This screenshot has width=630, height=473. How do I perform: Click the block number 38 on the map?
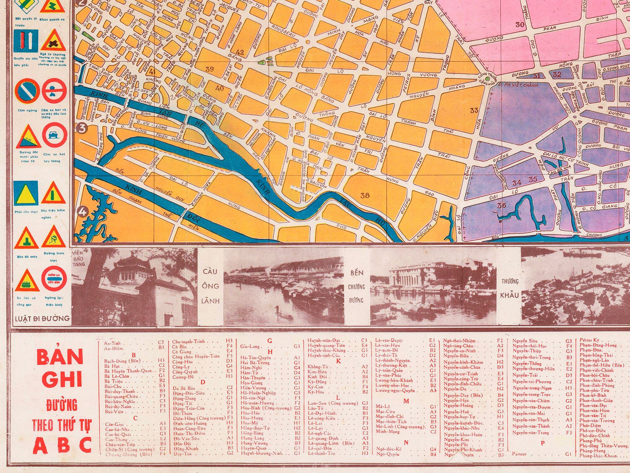(x=365, y=196)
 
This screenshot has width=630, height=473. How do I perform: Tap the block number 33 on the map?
(x=474, y=110)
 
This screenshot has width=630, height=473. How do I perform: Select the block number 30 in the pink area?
(x=520, y=25)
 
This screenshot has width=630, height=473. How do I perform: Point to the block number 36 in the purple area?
(x=501, y=205)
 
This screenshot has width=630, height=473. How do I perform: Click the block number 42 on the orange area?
(x=240, y=52)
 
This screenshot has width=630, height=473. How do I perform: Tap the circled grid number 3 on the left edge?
(x=82, y=128)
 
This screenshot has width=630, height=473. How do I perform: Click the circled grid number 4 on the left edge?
(x=82, y=212)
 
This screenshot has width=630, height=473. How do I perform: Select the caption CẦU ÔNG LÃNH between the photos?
(x=211, y=286)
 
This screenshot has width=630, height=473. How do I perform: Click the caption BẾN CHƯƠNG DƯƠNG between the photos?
(x=357, y=286)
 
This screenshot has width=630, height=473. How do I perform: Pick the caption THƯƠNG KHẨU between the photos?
(x=510, y=288)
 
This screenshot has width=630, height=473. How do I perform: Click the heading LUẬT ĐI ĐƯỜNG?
(x=42, y=318)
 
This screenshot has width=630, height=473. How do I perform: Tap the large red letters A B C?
(x=62, y=445)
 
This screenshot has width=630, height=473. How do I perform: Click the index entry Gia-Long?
(x=250, y=346)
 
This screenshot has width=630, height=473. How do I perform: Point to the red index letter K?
(x=338, y=361)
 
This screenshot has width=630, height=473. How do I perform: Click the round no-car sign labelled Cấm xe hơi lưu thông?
(x=54, y=136)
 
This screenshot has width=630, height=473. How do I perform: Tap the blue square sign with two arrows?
(x=26, y=41)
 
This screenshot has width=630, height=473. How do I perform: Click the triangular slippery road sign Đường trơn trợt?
(x=54, y=237)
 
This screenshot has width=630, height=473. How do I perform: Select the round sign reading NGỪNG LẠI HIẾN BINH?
(x=54, y=279)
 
